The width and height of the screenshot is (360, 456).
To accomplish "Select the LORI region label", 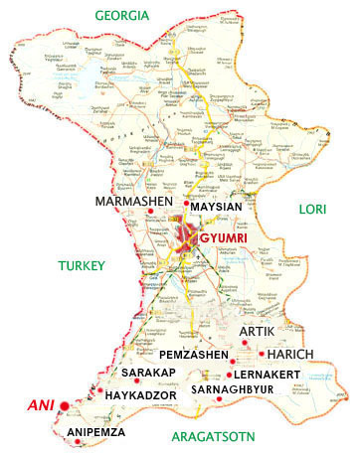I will [314, 209].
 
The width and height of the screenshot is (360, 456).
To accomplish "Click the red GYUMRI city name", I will [222, 239].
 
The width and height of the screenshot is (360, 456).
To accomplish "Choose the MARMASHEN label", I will [134, 202].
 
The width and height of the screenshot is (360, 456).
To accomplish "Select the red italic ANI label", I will [37, 405].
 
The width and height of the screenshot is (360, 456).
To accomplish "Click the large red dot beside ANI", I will [64, 405].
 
